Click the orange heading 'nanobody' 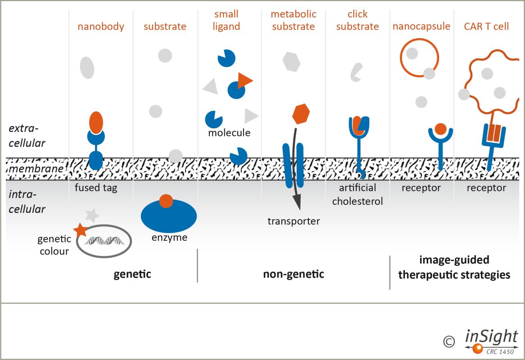[x=101, y=27]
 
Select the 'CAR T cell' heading [x=486, y=27]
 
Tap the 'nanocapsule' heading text [x=421, y=27]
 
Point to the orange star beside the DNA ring [x=81, y=230]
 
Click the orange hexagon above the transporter [x=300, y=114]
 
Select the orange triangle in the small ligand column [x=244, y=80]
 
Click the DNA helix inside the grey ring [x=104, y=241]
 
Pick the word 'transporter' [x=294, y=221]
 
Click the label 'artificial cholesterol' [x=358, y=194]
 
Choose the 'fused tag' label [x=96, y=188]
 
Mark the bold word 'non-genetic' [x=294, y=274]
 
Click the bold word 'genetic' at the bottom [x=132, y=274]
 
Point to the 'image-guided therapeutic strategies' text [x=454, y=267]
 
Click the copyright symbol [x=448, y=342]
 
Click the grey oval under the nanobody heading [x=87, y=68]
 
